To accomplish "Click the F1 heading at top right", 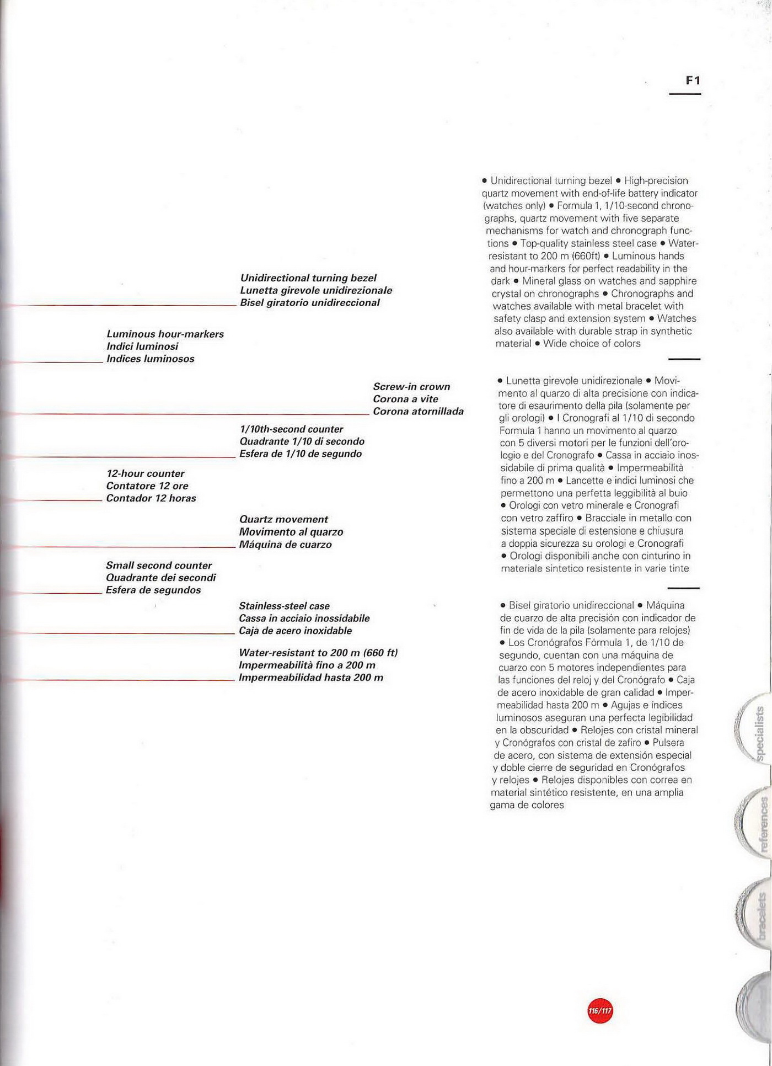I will (693, 81).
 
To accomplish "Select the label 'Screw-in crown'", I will (411, 387).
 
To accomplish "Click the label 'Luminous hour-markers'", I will (165, 334).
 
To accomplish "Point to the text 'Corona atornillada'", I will (418, 412).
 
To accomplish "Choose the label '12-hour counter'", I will (146, 473).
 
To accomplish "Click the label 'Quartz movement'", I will (283, 519).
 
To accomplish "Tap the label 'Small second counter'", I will (159, 566).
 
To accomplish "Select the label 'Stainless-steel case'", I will (284, 606).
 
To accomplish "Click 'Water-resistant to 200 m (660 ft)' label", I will (318, 653).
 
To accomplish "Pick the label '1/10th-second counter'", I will (291, 429).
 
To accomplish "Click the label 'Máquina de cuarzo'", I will (285, 545).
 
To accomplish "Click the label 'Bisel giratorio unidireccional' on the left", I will (309, 303).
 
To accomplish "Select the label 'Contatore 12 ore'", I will (147, 486).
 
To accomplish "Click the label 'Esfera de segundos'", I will (153, 590).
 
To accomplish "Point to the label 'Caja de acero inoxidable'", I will (295, 631).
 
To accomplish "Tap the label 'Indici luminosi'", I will (142, 347).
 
